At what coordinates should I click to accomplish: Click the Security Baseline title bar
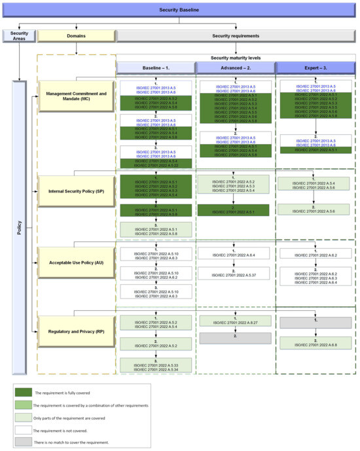pos(179,9)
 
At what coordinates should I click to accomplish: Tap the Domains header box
pos(76,35)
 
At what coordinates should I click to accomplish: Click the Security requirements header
pos(237,35)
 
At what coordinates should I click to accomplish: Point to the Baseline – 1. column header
pos(156,67)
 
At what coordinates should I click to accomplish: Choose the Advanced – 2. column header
pos(236,67)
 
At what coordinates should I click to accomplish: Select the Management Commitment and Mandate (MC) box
pos(76,98)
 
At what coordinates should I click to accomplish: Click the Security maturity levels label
pos(237,58)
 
